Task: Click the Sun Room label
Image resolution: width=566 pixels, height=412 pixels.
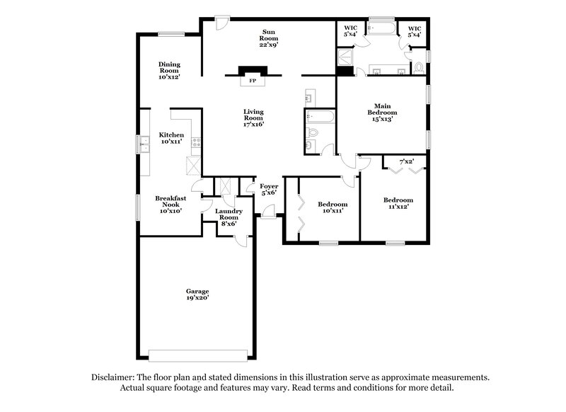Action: pyautogui.click(x=269, y=38)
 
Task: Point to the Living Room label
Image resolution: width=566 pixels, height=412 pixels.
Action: pyautogui.click(x=253, y=118)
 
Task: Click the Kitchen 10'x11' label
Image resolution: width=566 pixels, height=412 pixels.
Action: pyautogui.click(x=171, y=138)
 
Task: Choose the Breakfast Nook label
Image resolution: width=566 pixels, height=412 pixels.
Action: pyautogui.click(x=171, y=204)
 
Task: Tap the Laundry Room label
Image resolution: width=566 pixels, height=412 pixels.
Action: pyautogui.click(x=229, y=217)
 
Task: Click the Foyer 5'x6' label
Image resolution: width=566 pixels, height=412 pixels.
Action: pyautogui.click(x=268, y=189)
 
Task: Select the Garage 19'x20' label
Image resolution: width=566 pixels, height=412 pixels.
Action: pyautogui.click(x=197, y=294)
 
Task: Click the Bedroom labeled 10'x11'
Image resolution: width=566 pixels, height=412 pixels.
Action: pyautogui.click(x=333, y=207)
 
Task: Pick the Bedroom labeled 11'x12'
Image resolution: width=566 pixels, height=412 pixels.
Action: pyautogui.click(x=398, y=204)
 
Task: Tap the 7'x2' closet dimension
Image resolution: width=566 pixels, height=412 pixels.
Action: pyautogui.click(x=406, y=162)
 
